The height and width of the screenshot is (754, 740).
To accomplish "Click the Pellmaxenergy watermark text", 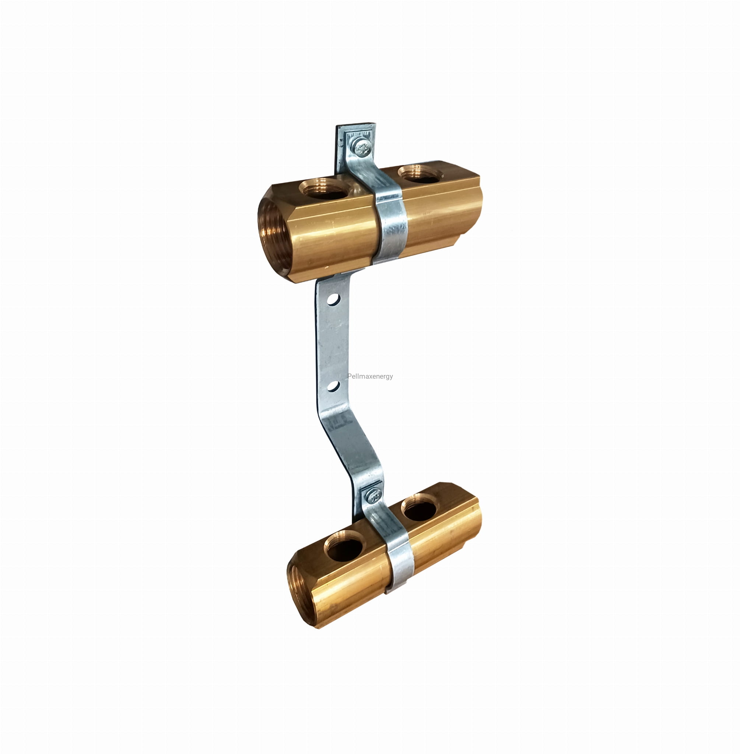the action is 370,376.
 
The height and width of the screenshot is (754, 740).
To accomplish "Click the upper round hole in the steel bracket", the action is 333,299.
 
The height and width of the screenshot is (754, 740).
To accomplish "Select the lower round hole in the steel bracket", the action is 333,386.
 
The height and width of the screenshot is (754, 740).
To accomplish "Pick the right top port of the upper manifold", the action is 421,174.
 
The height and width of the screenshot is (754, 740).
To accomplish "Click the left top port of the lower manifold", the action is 345,546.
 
